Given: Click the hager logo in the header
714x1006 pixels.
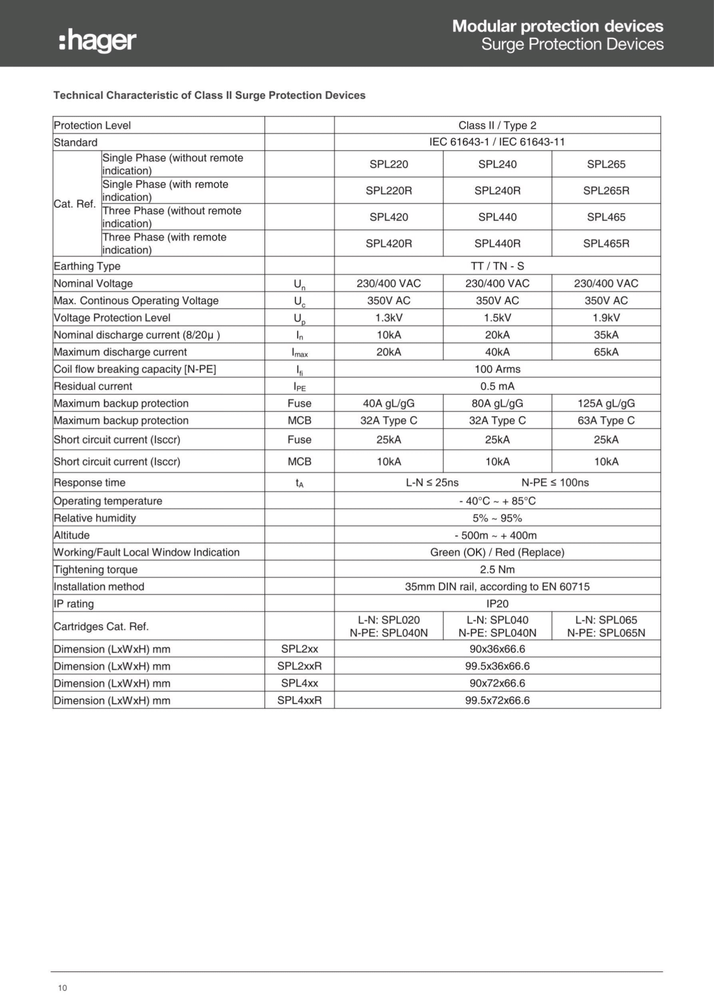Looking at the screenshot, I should click(x=98, y=41).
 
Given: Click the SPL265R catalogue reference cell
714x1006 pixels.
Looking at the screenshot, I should click(x=606, y=190).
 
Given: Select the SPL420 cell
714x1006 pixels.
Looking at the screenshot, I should click(x=388, y=217).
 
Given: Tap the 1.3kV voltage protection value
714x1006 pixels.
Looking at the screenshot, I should click(x=388, y=317).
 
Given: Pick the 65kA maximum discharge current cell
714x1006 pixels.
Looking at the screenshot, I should click(x=606, y=352).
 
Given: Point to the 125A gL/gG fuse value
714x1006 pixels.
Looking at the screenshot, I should click(x=606, y=403).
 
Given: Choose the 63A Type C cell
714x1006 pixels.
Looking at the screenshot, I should click(x=606, y=420).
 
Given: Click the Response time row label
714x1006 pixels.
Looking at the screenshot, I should click(x=89, y=482).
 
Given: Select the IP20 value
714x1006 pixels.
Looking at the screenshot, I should click(x=497, y=603).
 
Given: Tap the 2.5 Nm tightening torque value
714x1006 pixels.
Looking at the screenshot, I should click(x=497, y=569).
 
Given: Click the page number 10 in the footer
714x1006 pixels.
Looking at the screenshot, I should click(x=62, y=988).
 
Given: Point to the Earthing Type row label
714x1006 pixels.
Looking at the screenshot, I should click(x=87, y=266).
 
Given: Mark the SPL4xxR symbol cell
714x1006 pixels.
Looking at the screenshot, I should click(x=299, y=700).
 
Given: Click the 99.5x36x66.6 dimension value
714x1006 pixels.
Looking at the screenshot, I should click(x=497, y=666).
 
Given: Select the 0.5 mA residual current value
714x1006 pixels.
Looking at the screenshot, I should click(x=497, y=386).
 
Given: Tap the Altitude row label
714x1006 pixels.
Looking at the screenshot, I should click(x=72, y=535).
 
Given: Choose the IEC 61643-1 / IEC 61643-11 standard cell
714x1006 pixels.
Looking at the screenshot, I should click(x=497, y=142).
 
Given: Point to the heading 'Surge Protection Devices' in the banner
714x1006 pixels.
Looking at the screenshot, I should click(x=572, y=44).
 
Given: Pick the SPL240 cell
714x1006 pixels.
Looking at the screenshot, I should click(x=497, y=164).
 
